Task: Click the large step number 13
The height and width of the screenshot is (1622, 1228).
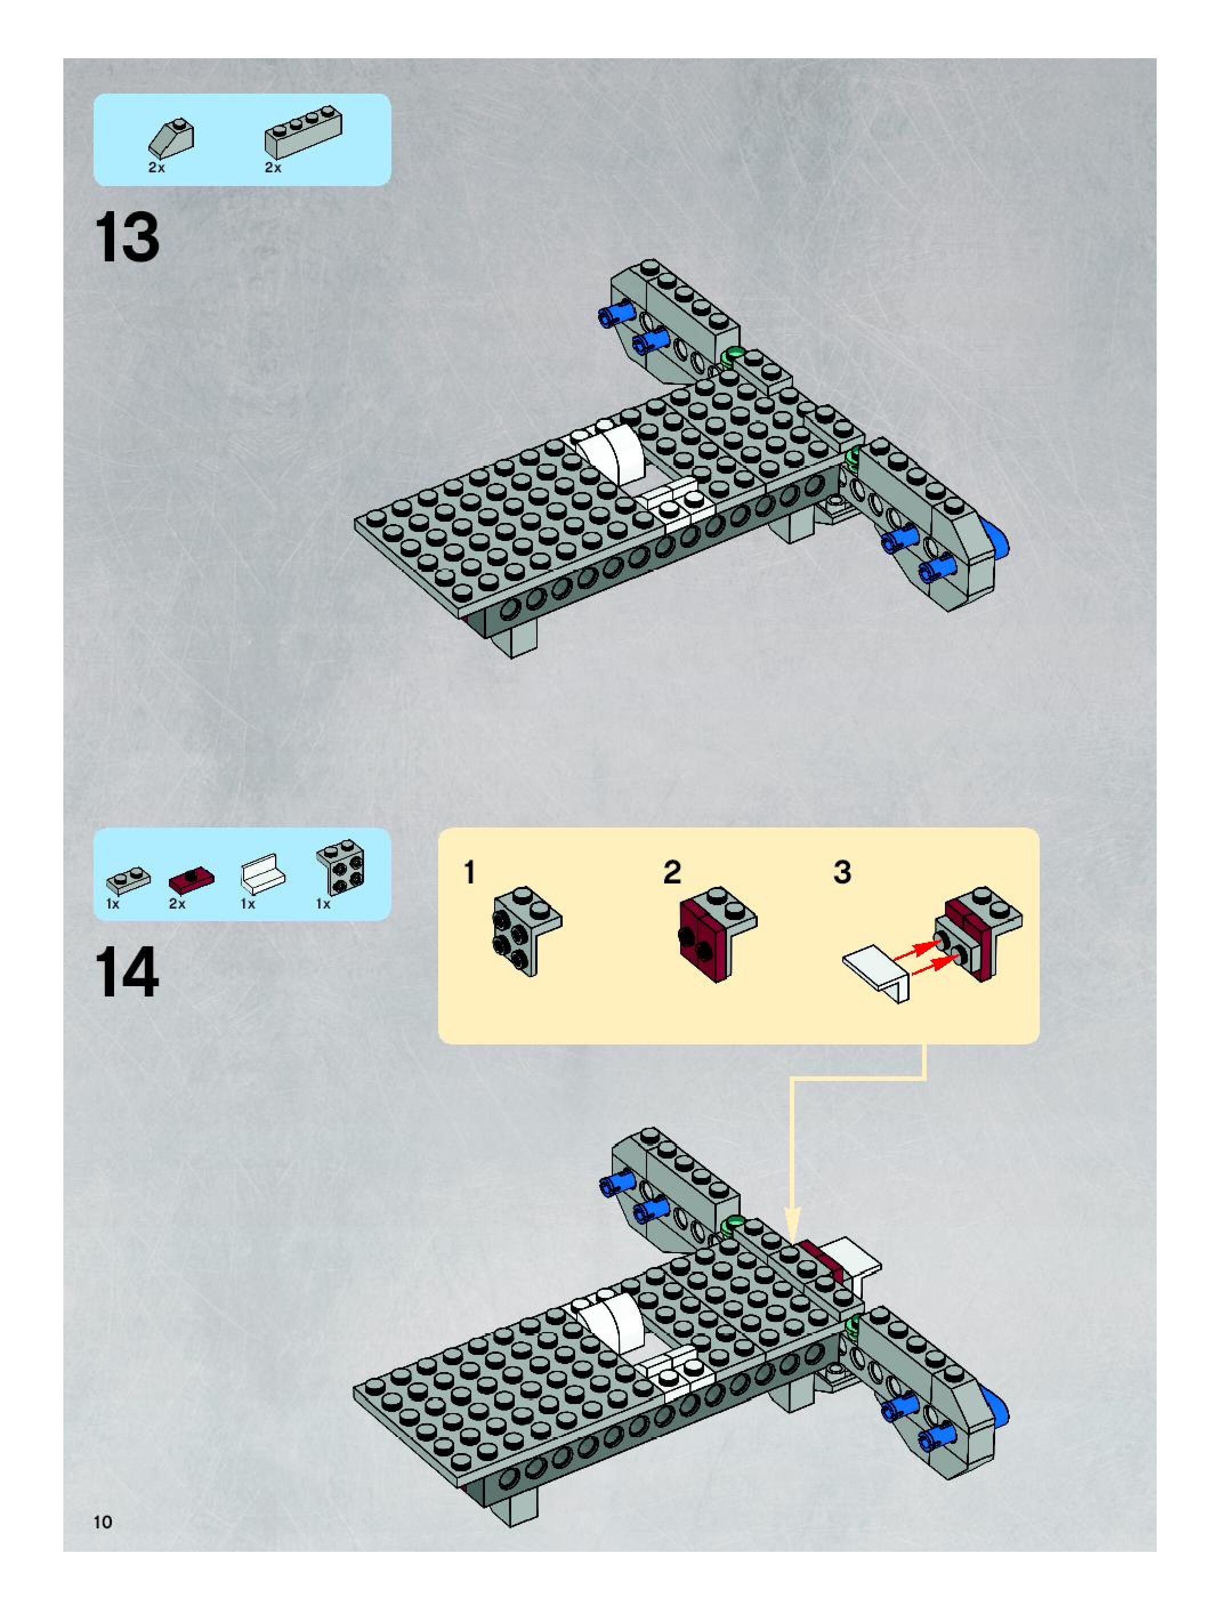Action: pos(127,237)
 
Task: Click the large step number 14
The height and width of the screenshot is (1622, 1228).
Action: pos(127,973)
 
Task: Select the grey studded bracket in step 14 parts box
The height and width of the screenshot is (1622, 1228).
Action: pos(341,867)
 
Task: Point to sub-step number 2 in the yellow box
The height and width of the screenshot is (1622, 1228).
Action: pos(672,873)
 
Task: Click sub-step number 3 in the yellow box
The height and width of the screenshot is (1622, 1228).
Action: pos(842,873)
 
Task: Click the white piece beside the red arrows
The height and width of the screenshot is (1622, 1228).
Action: pos(878,970)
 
